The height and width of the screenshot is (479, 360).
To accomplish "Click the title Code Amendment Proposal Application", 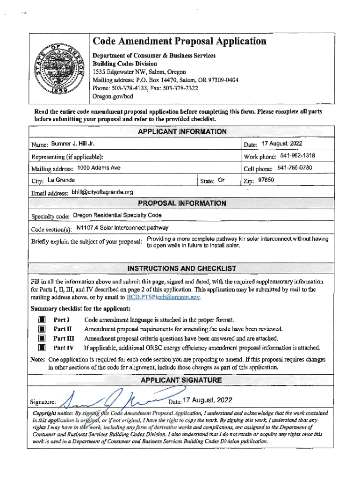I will [179, 42].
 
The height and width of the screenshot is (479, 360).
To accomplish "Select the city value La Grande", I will [61, 180].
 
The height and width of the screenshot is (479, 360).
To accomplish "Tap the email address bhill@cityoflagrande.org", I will [102, 192].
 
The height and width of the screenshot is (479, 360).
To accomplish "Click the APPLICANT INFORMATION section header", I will [182, 132].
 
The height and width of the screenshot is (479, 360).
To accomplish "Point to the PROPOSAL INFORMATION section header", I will [182, 203].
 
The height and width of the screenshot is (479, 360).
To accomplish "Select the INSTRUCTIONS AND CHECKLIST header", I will [182, 269].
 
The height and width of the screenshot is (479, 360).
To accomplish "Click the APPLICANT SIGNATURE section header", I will [182, 380].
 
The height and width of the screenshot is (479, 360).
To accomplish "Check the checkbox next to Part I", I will [42, 320].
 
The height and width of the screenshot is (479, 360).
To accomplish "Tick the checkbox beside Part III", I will [42, 339].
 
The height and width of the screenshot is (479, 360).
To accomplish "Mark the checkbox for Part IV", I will [42, 348].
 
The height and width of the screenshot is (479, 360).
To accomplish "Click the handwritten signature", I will [115, 400].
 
